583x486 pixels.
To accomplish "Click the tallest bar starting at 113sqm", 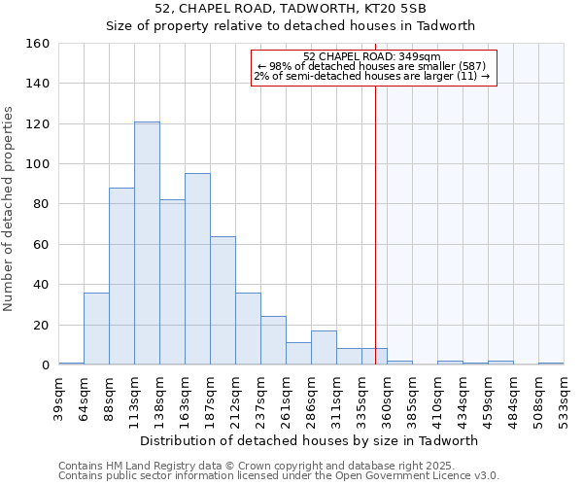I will click(147, 243).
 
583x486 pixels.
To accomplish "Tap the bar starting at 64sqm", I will click(96, 329).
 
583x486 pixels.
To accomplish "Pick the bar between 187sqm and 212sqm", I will click(223, 300).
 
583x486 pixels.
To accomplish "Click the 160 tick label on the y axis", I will click(37, 44).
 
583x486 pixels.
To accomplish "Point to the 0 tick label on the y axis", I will click(45, 364).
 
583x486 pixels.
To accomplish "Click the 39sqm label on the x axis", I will click(59, 397).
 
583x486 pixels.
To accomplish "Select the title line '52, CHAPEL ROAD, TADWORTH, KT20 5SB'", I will click(291, 9).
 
